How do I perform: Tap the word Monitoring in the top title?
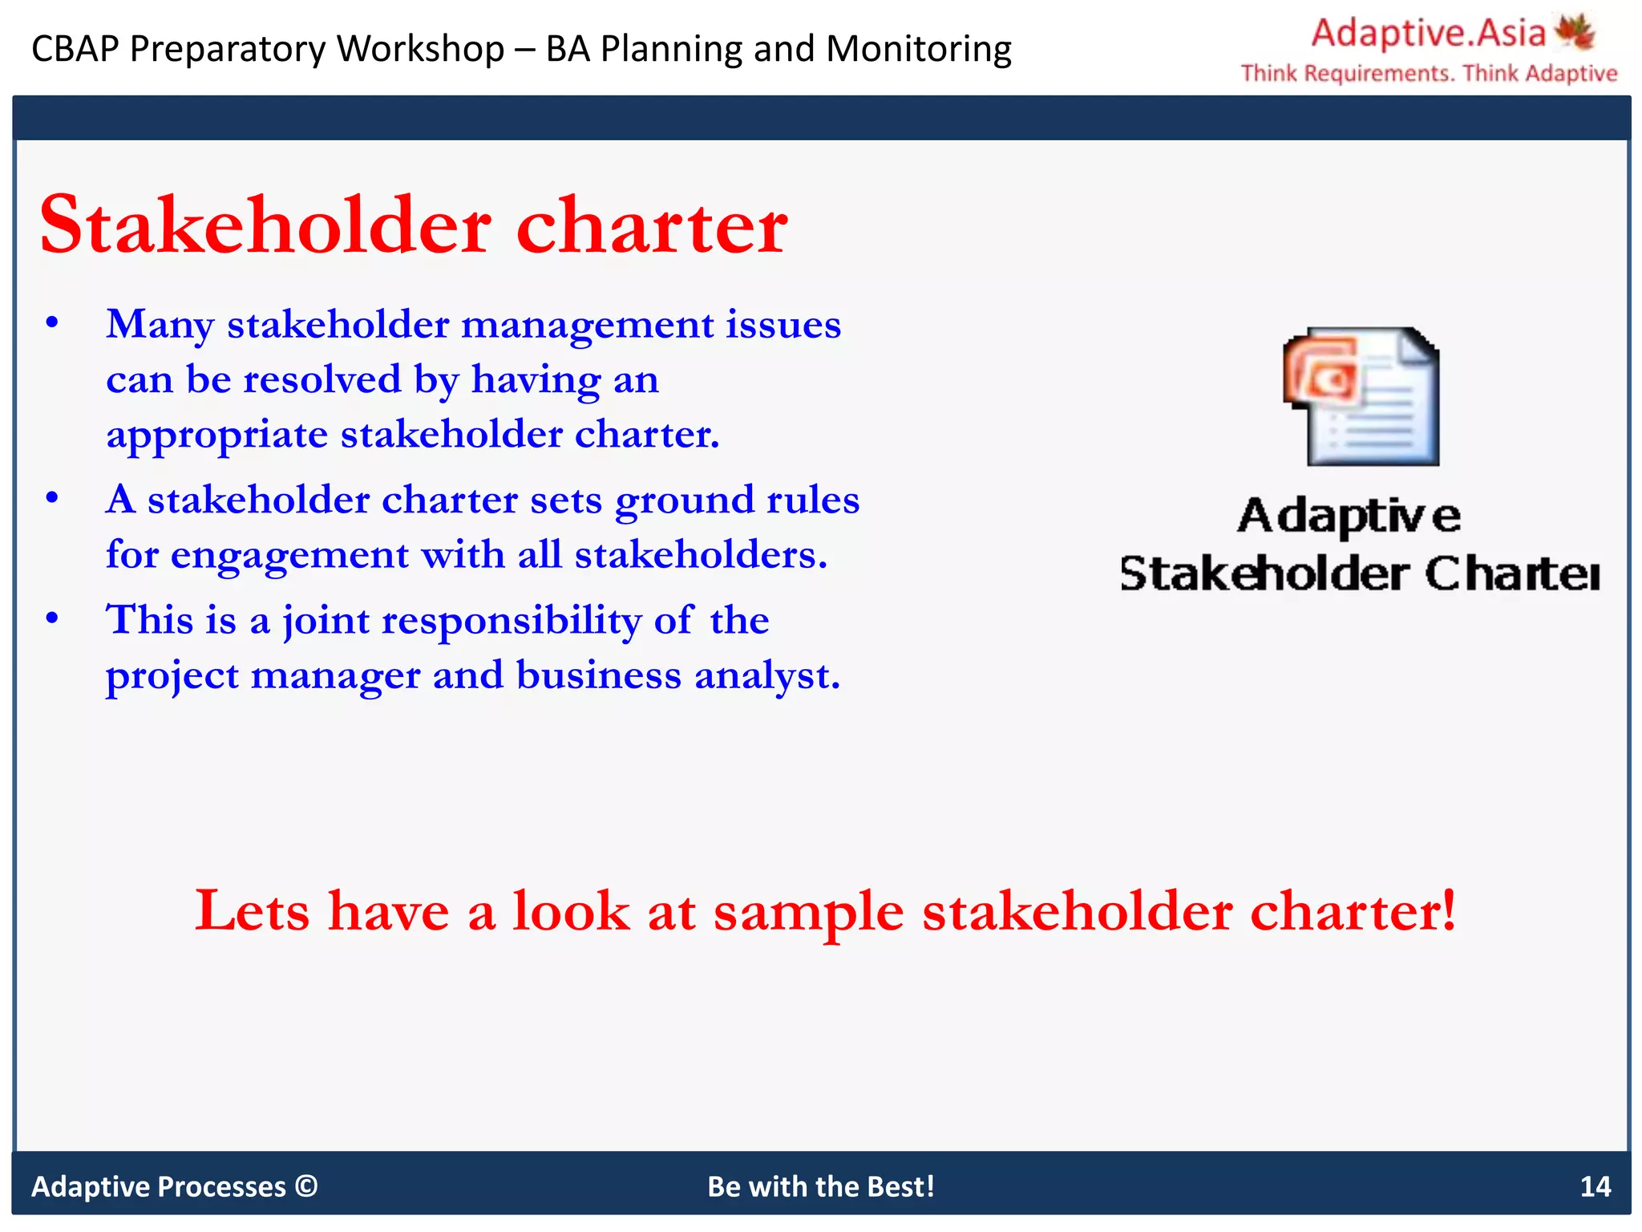(919, 49)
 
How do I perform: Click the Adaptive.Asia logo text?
(1428, 34)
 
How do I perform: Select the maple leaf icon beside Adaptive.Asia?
(1575, 32)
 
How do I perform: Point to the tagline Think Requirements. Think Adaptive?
(1429, 74)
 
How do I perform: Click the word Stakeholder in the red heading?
(265, 225)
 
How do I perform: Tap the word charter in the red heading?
(652, 225)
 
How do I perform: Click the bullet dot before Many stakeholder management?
(52, 323)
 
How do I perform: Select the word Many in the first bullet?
(160, 325)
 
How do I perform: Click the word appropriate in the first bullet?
(216, 436)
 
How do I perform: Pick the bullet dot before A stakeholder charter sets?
(52, 498)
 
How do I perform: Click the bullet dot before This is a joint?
(52, 618)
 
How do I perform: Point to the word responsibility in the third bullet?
(511, 620)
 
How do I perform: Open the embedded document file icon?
(1361, 396)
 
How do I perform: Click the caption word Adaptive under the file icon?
(1349, 516)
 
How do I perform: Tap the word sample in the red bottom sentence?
(808, 912)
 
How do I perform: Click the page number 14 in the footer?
(1595, 1186)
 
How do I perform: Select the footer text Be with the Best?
(820, 1186)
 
